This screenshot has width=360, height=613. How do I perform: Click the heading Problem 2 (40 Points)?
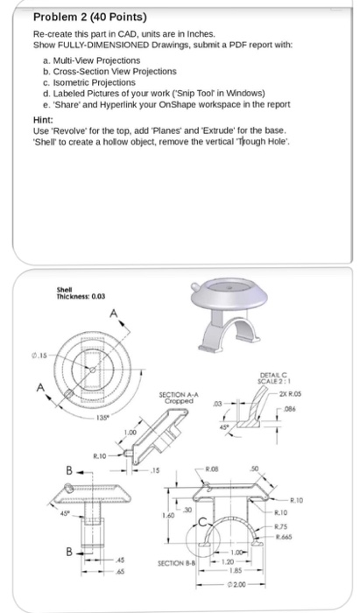[x=65, y=17]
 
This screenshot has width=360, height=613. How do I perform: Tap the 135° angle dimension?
[x=78, y=419]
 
